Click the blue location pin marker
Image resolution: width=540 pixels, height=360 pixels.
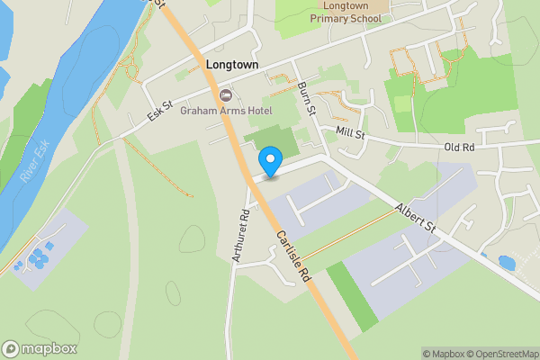pyautogui.click(x=269, y=162)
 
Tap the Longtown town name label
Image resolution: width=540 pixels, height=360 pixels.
pyautogui.click(x=232, y=65)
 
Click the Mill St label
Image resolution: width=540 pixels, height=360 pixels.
pyautogui.click(x=349, y=134)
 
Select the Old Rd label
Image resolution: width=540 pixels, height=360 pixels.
pyautogui.click(x=459, y=147)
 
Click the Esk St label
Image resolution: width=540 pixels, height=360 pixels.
pyautogui.click(x=162, y=112)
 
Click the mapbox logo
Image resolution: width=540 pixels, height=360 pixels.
pyautogui.click(x=40, y=348)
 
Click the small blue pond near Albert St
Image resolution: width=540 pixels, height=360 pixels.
pyautogui.click(x=506, y=263)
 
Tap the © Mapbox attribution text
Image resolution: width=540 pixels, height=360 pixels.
pyautogui.click(x=443, y=354)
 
